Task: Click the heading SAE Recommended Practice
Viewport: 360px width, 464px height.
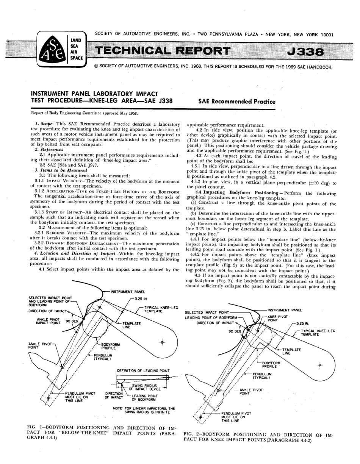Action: pos(237,102)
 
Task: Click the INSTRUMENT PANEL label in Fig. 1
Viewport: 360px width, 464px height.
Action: pos(127,281)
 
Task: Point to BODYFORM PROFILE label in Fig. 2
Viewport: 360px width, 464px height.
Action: pos(271,365)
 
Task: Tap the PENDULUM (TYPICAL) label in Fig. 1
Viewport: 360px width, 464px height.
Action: pos(102,357)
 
